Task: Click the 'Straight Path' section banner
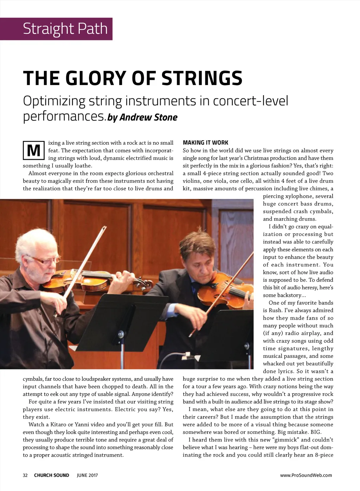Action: [65, 29]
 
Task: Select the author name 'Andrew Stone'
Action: [148, 117]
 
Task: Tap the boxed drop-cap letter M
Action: [33, 151]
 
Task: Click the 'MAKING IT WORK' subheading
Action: [205, 143]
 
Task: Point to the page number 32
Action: [25, 475]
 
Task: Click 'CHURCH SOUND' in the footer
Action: [51, 475]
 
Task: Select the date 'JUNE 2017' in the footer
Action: [87, 475]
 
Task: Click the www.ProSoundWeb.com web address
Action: [306, 475]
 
